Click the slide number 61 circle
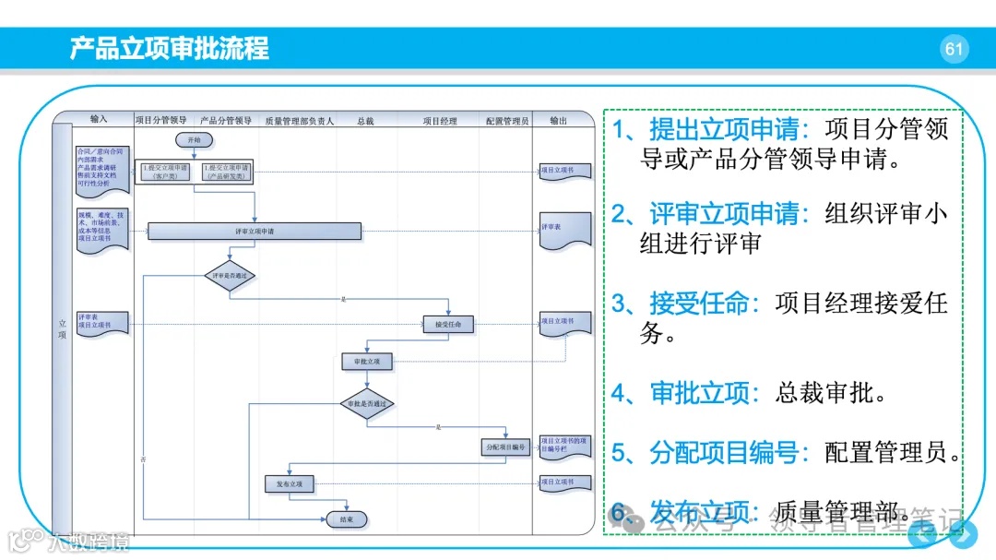tap(954, 49)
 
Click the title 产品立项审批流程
tap(170, 49)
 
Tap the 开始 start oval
tap(194, 139)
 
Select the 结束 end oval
tap(347, 519)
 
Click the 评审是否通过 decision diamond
tap(230, 275)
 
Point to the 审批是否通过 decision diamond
tap(367, 403)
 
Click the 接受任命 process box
tap(448, 324)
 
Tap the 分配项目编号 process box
tap(505, 447)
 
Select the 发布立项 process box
tap(290, 483)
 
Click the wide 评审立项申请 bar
tap(255, 231)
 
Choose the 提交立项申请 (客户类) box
tap(165, 171)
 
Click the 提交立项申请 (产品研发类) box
tap(226, 171)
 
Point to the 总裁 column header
tap(365, 120)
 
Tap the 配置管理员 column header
tap(507, 120)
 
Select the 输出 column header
tap(559, 120)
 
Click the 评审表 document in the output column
tap(552, 231)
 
